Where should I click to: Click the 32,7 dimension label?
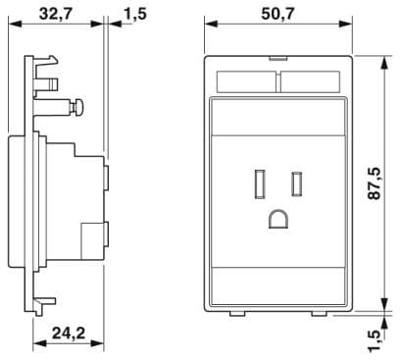click(x=55, y=14)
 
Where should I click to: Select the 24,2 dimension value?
click(x=69, y=334)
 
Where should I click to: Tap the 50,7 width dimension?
click(x=278, y=14)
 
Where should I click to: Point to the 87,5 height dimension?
click(x=375, y=183)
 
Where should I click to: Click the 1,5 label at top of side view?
click(x=135, y=14)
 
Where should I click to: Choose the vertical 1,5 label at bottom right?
click(x=375, y=340)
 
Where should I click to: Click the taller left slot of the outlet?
click(x=259, y=184)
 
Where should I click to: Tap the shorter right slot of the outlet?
click(x=297, y=184)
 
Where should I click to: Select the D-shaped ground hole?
click(x=278, y=219)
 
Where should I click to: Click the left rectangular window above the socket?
click(x=246, y=81)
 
